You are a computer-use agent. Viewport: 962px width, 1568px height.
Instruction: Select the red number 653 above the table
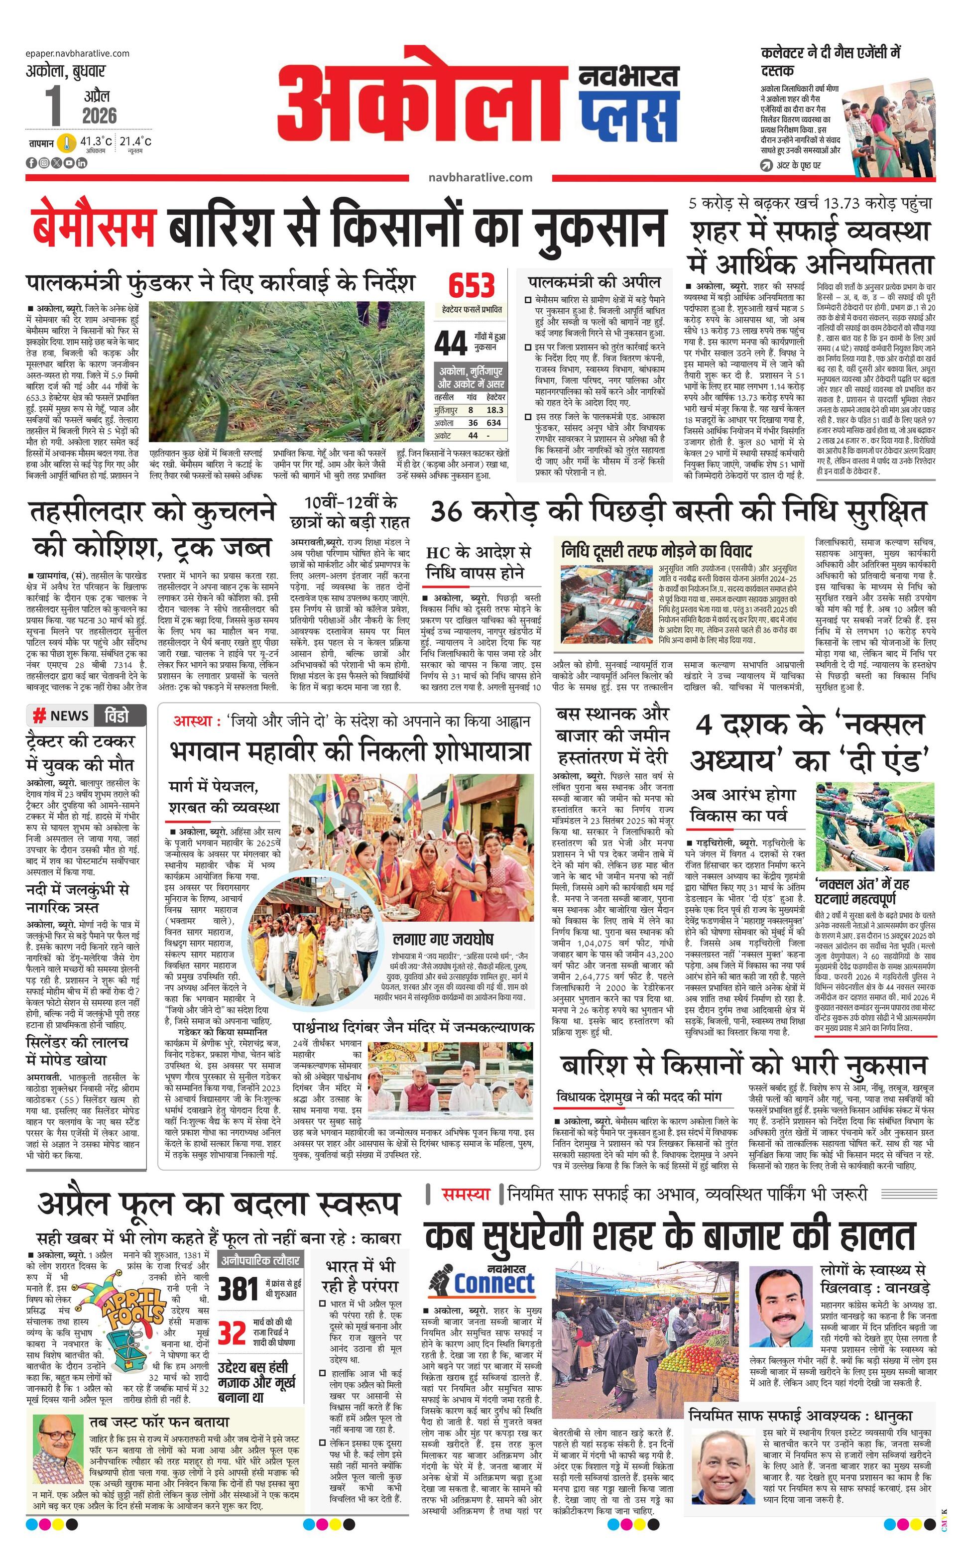click(472, 285)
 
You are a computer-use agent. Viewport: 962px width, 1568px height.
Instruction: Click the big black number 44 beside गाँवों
click(451, 344)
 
